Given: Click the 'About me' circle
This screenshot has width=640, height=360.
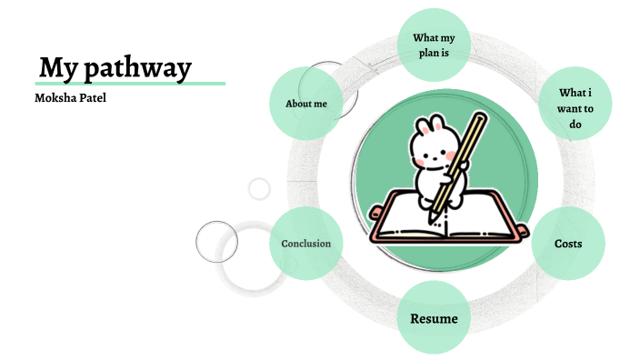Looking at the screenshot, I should point(306,104).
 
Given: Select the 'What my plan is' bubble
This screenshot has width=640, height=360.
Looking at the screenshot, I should point(435,45).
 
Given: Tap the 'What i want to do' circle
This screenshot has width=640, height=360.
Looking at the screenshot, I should point(575,107).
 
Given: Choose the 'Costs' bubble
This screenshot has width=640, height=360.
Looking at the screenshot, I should point(568,244).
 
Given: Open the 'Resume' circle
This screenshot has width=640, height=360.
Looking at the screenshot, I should point(434,318).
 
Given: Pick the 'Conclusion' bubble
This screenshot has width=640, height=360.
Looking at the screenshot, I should point(305,243).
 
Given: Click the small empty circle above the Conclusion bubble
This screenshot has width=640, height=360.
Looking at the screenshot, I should point(260,189).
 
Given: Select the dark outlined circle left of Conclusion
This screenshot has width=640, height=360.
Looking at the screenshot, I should point(216,242).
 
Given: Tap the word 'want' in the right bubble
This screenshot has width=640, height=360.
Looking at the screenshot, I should point(575,109).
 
